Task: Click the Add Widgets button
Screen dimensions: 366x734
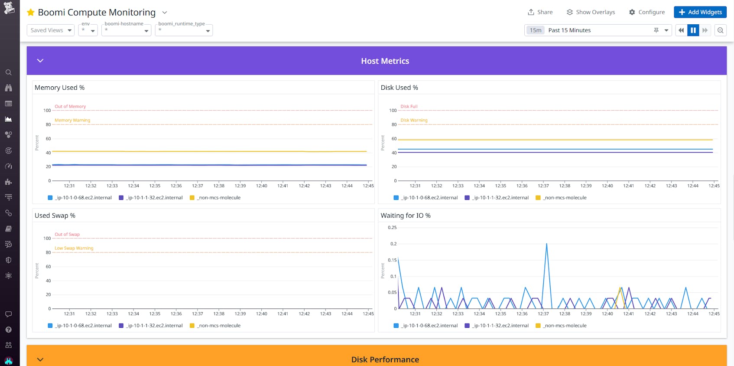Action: [700, 12]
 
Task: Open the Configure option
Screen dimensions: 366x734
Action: [646, 12]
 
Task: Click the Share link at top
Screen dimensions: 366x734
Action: [540, 12]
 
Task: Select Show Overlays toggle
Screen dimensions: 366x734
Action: [591, 12]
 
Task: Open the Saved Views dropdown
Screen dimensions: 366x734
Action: [51, 30]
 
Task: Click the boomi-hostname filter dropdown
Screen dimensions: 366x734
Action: [126, 30]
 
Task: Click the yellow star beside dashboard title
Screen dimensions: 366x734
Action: [31, 13]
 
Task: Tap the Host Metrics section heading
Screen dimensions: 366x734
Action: [385, 61]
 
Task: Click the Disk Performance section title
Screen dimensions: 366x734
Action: [385, 359]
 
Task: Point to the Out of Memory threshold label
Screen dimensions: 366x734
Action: [70, 106]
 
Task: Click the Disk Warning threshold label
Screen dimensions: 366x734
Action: [414, 120]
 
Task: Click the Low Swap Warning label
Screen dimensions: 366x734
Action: [74, 248]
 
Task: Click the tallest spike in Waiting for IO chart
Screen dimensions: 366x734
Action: [546, 244]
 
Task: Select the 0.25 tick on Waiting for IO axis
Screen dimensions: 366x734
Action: [392, 227]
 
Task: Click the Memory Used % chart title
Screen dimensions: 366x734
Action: [59, 88]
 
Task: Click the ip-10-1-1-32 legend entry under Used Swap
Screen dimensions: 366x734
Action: [154, 326]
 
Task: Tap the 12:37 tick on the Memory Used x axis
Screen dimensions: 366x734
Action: [198, 186]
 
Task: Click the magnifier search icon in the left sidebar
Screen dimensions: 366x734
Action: [8, 72]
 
